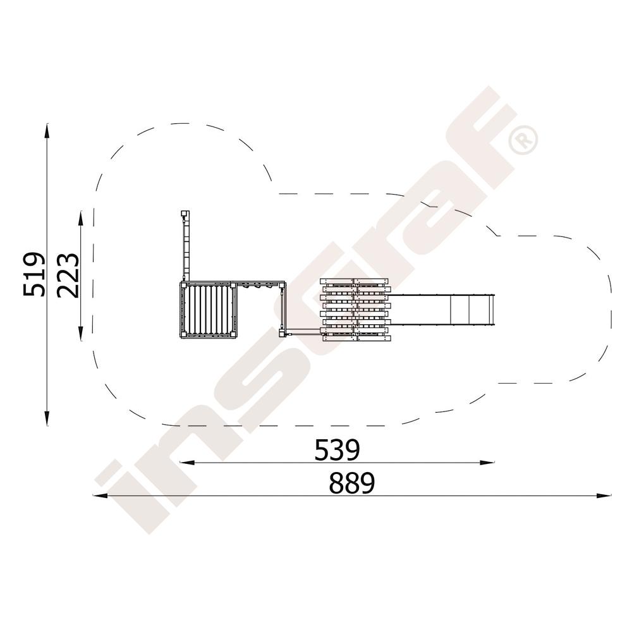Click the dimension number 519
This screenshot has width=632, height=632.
[33, 274]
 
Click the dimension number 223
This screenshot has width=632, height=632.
[68, 276]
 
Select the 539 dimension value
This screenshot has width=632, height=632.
[337, 450]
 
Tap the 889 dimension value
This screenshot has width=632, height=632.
[352, 483]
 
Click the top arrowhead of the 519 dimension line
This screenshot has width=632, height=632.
[47, 130]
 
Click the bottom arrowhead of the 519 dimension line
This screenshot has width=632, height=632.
[47, 418]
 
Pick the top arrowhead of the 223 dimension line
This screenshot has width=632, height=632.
[81, 219]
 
